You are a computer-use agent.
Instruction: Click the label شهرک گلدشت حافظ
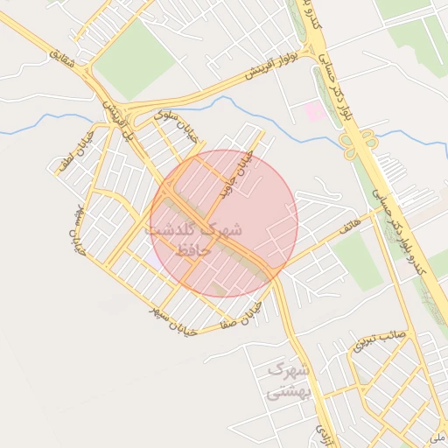point(194,239)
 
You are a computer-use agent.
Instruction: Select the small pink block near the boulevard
point(312,111)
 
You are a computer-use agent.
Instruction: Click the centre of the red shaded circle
point(224,223)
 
